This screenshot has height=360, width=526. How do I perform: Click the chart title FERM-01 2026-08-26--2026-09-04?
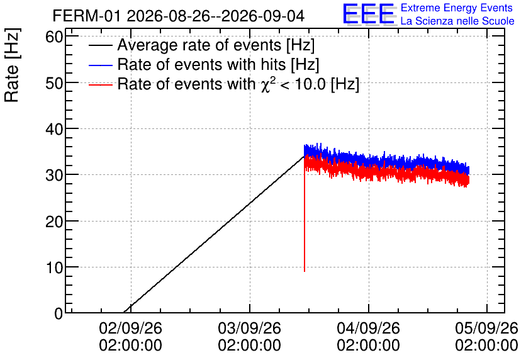click(x=179, y=16)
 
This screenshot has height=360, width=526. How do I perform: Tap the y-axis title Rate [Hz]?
click(x=12, y=65)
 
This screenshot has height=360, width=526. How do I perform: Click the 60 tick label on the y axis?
click(x=54, y=37)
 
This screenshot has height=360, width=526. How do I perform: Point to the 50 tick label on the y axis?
click(x=54, y=83)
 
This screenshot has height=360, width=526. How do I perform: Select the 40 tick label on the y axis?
click(x=54, y=129)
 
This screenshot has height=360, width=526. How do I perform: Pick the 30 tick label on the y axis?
click(x=54, y=175)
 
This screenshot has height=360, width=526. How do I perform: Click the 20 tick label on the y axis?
click(x=54, y=221)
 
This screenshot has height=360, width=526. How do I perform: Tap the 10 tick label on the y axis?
click(x=54, y=267)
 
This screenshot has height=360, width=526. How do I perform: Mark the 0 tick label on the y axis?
click(x=59, y=313)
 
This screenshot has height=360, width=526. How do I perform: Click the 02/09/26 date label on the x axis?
click(x=130, y=328)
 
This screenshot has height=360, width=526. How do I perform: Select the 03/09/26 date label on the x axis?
click(x=250, y=328)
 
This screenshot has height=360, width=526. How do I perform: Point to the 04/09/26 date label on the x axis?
click(x=368, y=328)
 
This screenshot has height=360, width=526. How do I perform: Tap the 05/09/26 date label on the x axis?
click(x=487, y=328)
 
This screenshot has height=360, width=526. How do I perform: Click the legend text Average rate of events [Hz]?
click(x=216, y=45)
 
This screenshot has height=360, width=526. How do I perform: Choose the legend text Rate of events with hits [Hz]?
click(x=218, y=64)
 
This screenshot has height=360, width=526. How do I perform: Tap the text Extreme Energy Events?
click(x=457, y=8)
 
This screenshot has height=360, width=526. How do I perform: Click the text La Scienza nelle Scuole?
click(x=457, y=21)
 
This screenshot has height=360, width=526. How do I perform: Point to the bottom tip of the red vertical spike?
click(x=305, y=271)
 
